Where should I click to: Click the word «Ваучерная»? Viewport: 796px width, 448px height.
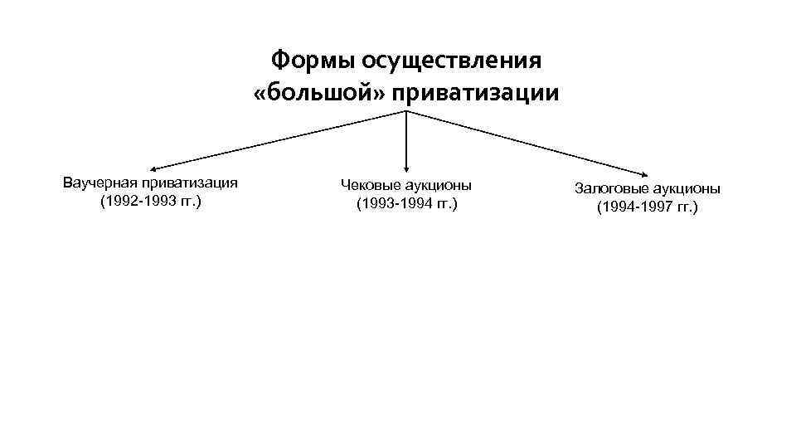(98, 183)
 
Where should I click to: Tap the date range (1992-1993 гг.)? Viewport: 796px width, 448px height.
(150, 202)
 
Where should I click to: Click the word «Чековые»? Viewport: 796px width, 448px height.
(366, 184)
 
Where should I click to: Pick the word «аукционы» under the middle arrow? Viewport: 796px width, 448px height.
(439, 184)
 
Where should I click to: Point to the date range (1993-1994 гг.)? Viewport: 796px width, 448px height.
(406, 204)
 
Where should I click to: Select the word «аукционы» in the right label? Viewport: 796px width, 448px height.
(686, 188)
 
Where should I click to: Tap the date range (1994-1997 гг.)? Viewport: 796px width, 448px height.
(648, 207)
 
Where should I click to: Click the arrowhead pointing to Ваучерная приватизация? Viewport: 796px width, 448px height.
(154, 169)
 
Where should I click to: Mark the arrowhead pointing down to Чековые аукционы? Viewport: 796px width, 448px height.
(406, 168)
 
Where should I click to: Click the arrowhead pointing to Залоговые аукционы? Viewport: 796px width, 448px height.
(645, 172)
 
